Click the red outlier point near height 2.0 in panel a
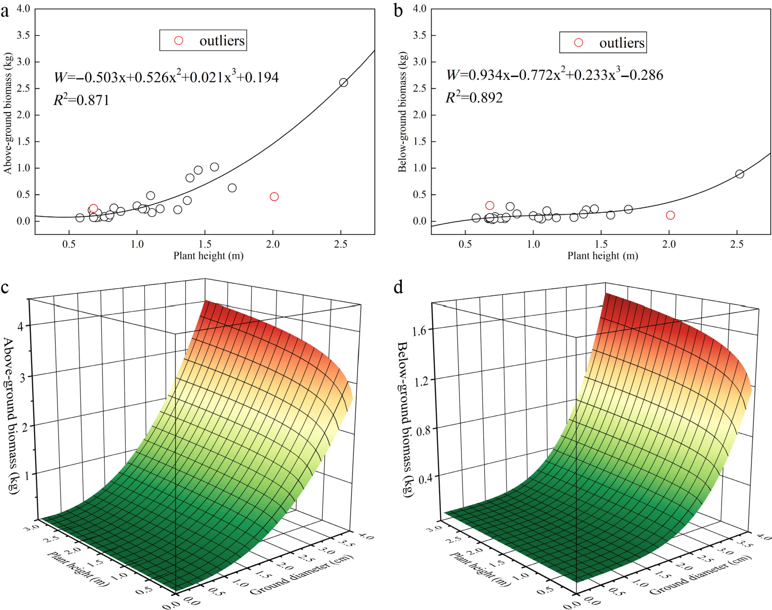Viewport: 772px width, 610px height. click(274, 196)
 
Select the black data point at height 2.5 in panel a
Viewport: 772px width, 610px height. click(343, 82)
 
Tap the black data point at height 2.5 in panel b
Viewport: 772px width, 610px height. click(740, 174)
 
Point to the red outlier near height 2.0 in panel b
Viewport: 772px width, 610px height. click(670, 215)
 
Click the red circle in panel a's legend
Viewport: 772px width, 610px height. click(179, 41)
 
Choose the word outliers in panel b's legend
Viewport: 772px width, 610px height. click(622, 43)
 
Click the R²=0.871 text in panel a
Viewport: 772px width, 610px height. click(81, 100)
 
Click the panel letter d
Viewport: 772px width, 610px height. click(398, 287)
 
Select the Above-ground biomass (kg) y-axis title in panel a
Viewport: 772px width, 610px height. click(8, 113)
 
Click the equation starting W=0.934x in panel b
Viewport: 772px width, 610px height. click(554, 75)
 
